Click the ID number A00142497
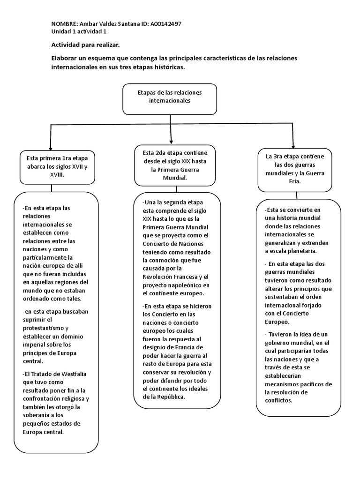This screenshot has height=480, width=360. tap(166, 24)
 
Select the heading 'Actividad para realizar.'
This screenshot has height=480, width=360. tap(85, 45)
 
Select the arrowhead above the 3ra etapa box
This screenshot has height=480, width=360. tap(293, 146)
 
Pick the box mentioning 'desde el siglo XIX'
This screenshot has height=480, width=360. tap(175, 165)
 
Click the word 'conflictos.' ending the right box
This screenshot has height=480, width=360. tap(278, 400)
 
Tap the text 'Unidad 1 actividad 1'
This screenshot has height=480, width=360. tap(79, 31)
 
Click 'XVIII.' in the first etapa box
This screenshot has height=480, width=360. tap(57, 174)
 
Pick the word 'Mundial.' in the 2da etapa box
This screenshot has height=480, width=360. tap(175, 178)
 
